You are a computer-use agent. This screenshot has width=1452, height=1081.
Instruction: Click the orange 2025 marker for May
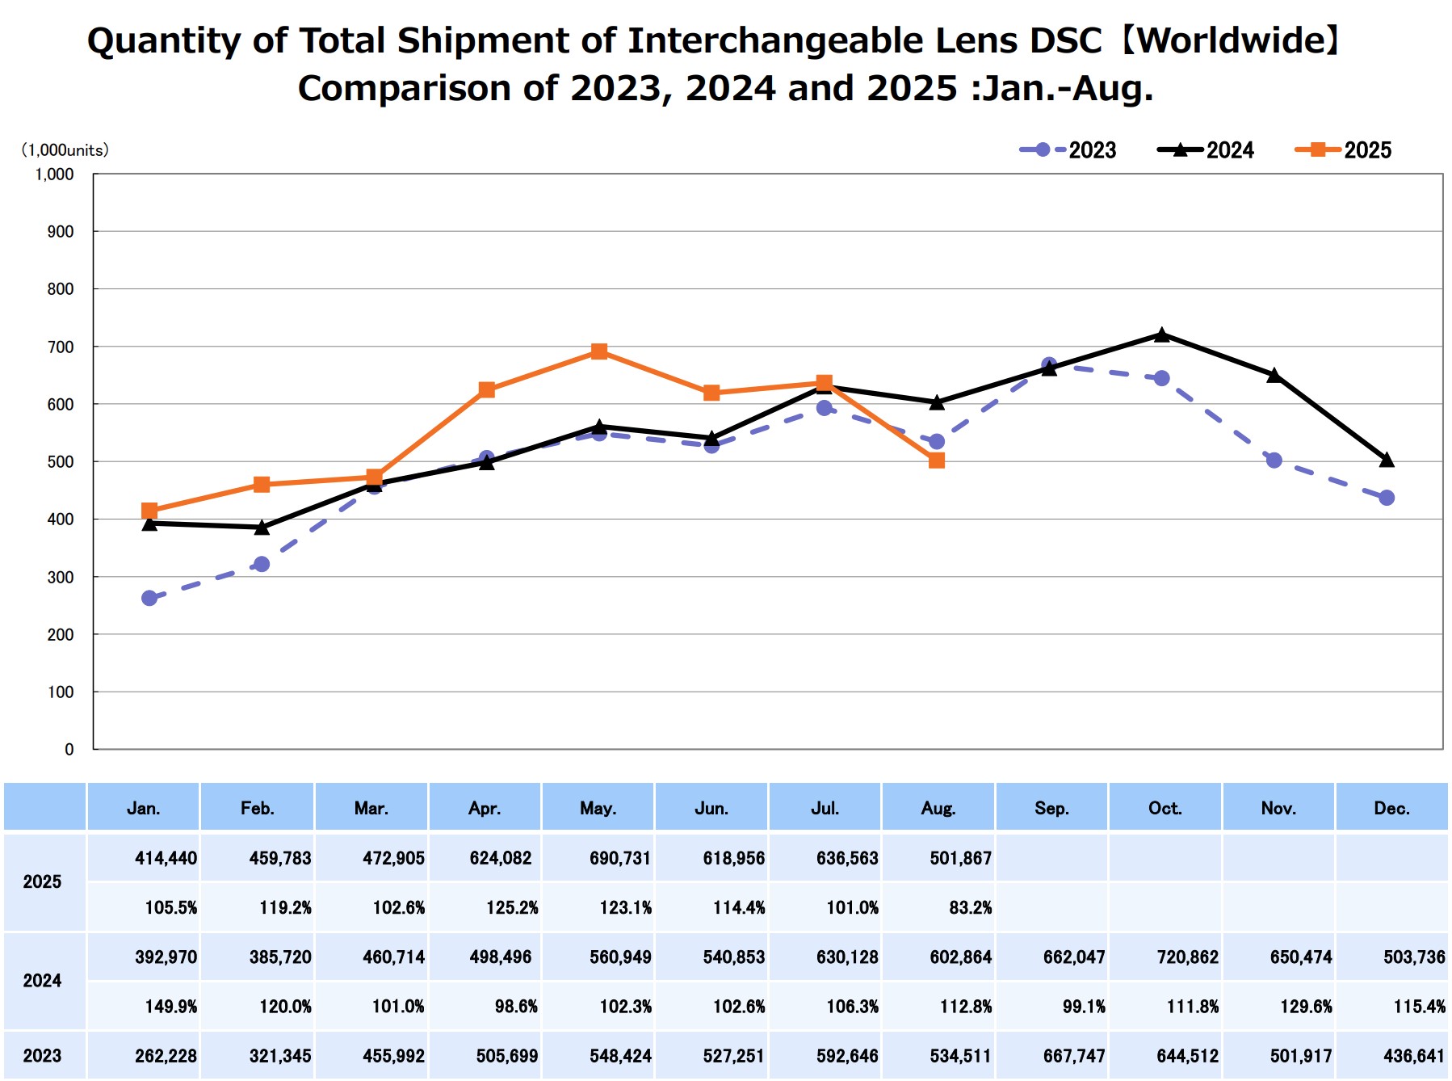click(x=599, y=351)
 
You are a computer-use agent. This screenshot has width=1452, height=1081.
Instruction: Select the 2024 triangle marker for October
click(x=1161, y=334)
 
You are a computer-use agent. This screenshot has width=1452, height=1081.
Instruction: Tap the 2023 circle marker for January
click(x=149, y=598)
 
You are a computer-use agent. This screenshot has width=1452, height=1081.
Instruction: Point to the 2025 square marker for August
click(x=937, y=461)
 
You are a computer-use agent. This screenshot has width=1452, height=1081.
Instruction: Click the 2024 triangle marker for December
click(x=1387, y=460)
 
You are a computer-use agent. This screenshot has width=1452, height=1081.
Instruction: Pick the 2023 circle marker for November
click(x=1274, y=461)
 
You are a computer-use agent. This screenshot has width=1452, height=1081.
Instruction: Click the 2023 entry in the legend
click(x=1068, y=150)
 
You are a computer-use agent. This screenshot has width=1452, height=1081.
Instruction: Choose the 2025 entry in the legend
click(x=1343, y=150)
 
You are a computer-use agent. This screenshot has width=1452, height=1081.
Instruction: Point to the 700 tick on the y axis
click(x=61, y=347)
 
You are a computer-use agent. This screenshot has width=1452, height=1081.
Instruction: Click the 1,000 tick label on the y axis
click(x=54, y=175)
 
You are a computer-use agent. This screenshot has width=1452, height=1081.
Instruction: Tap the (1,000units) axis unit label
click(x=65, y=150)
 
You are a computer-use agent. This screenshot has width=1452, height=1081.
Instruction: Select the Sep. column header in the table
click(x=1051, y=808)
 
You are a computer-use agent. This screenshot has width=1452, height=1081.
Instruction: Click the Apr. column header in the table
click(x=485, y=808)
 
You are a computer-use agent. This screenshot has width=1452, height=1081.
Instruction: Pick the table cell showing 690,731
click(x=619, y=858)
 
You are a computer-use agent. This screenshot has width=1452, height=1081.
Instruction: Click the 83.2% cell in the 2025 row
click(x=970, y=907)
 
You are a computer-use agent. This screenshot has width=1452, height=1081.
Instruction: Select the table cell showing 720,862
click(x=1187, y=957)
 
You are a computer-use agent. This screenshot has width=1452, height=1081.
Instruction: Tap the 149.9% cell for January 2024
click(x=170, y=1007)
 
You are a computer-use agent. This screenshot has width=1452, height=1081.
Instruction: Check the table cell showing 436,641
click(x=1413, y=1056)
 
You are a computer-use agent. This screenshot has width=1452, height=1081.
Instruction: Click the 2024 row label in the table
click(x=42, y=981)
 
